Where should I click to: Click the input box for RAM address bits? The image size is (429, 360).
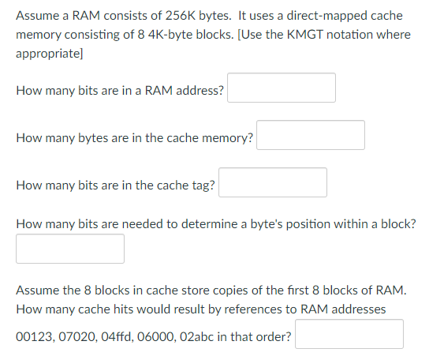click(282, 88)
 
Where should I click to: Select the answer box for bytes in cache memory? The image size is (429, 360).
click(311, 135)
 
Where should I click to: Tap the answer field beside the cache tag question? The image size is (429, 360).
click(273, 182)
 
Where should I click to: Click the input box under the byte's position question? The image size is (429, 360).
click(70, 249)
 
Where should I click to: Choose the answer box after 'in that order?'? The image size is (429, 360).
click(349, 334)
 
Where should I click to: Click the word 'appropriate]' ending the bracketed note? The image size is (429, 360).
click(50, 54)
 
